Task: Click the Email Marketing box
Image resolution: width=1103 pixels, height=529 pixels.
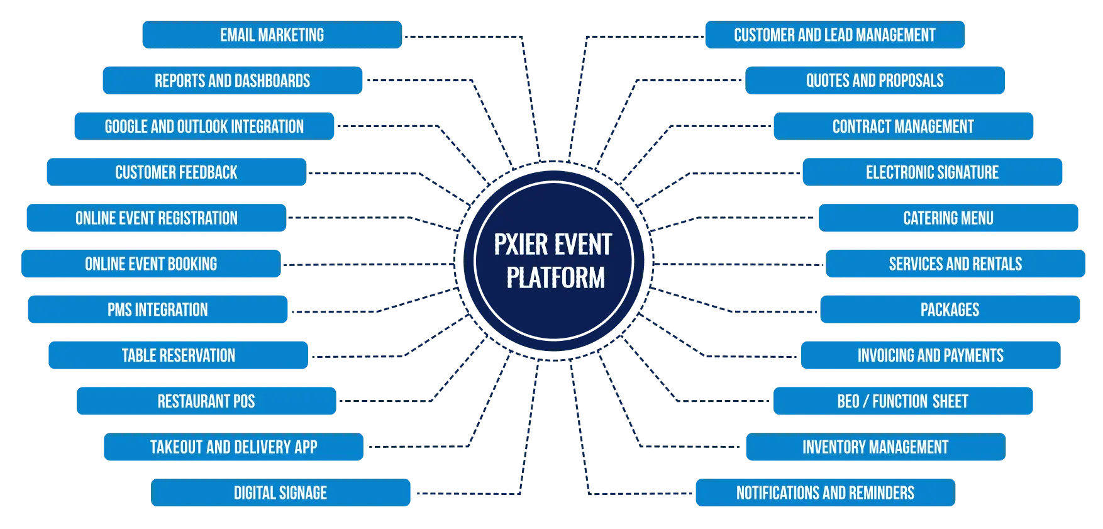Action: [272, 35]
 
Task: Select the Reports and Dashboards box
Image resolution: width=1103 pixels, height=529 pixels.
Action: [232, 81]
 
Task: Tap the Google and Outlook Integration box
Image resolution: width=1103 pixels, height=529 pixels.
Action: [204, 127]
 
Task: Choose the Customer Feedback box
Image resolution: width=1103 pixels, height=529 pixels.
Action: [176, 172]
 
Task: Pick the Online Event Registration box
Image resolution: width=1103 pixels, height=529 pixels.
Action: [156, 218]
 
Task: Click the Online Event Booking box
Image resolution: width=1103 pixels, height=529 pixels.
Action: [151, 264]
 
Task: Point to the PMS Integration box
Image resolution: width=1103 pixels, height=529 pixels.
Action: [157, 310]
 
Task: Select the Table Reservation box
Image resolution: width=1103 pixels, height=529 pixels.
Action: [178, 356]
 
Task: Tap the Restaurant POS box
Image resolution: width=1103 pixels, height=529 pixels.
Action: [206, 401]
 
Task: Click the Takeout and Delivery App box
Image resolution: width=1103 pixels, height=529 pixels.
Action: [233, 447]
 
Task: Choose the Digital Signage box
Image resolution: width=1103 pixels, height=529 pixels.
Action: [280, 493]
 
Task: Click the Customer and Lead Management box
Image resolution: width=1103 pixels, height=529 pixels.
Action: [834, 35]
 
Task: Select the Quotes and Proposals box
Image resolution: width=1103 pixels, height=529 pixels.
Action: [874, 81]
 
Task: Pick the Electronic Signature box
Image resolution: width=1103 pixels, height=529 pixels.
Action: [932, 172]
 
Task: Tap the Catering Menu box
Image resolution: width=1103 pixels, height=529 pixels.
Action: [948, 218]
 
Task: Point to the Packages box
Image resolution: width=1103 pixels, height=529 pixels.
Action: [950, 310]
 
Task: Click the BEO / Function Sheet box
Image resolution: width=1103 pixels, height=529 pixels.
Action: [902, 401]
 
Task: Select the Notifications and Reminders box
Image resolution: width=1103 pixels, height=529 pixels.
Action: [825, 493]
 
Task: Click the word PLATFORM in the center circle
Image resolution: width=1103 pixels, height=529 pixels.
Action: [556, 278]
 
